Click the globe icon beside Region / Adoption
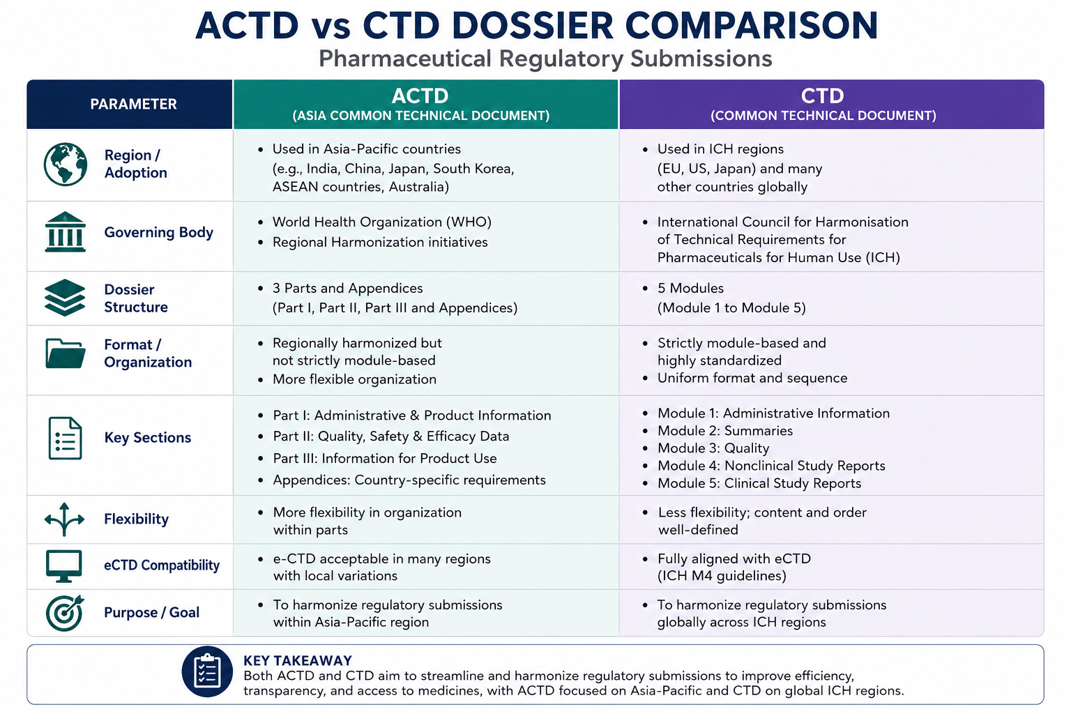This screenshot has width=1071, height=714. [x=66, y=164]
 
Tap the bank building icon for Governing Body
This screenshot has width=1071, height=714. [x=65, y=232]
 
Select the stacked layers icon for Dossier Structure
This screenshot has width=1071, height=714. [x=65, y=298]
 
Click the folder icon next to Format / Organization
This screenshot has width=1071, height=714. [x=66, y=354]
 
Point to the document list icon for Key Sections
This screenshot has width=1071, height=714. [x=65, y=438]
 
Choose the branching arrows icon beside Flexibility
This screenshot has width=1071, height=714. [x=65, y=519]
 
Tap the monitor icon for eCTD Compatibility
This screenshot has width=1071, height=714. [x=63, y=566]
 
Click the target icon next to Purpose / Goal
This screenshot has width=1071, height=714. [x=65, y=613]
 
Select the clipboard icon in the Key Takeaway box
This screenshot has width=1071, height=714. [x=207, y=671]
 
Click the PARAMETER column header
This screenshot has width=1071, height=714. [x=133, y=104]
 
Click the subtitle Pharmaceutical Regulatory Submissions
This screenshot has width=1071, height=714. [x=545, y=59]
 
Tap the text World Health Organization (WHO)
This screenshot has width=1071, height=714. [x=382, y=222]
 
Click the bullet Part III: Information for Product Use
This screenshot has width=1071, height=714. [x=385, y=458]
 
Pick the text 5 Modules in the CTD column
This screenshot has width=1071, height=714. [x=690, y=288]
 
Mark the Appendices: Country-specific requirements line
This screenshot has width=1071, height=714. [x=409, y=480]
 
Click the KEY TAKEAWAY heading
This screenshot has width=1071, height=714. [x=298, y=660]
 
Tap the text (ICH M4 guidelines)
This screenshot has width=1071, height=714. [x=722, y=576]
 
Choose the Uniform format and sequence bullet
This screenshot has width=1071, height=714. [x=752, y=378]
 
